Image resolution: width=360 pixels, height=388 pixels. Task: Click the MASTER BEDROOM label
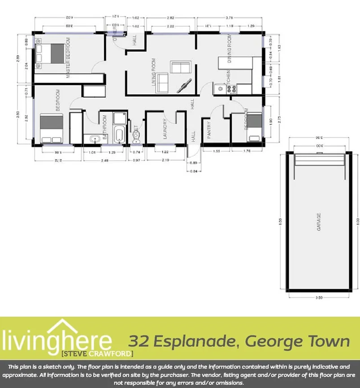69,58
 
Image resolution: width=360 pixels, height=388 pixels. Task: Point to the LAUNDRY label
165,129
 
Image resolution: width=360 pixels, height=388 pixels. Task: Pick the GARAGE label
319,222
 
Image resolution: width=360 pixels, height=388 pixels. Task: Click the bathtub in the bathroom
120,135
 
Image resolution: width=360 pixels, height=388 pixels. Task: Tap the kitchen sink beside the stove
220,89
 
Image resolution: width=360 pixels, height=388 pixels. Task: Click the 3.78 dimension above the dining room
229,18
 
